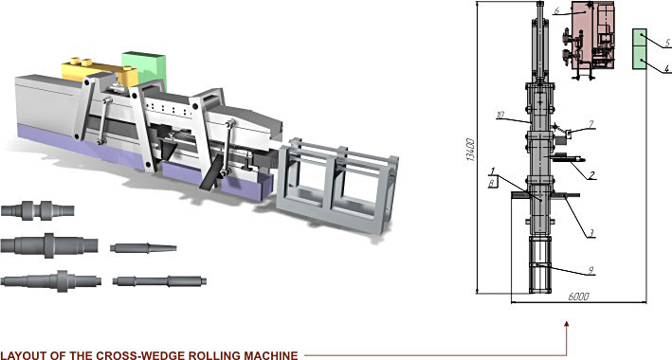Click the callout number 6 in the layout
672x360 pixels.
pos(556,11)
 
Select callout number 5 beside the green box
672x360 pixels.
pos(667,43)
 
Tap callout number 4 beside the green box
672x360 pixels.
pos(667,68)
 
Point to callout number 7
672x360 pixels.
pos(591,124)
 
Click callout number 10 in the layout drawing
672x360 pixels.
pos(500,115)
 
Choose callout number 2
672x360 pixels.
pos(591,175)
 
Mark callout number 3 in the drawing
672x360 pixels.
pos(591,233)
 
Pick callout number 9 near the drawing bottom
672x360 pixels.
pos(590,270)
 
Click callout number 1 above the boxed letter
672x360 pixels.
pos(493,171)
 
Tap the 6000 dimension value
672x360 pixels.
pos(579,297)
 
